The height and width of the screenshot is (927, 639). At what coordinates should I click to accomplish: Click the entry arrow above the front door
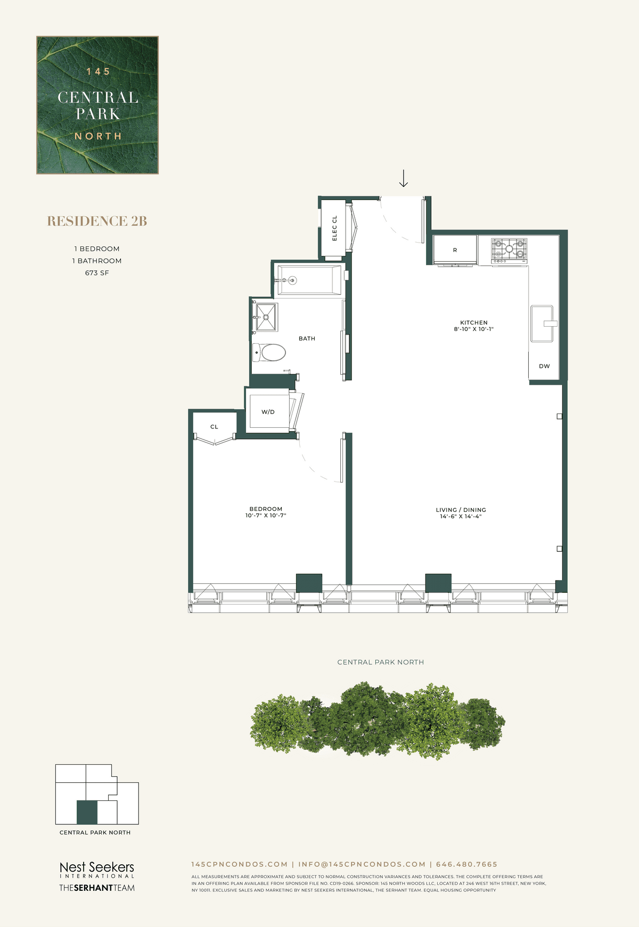point(404,178)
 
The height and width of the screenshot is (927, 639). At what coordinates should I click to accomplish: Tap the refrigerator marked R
point(455,250)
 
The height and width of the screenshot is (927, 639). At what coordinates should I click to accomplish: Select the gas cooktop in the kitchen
point(509,251)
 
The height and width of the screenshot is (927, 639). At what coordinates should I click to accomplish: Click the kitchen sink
point(542,324)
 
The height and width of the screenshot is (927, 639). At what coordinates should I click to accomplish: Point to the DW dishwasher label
point(544,366)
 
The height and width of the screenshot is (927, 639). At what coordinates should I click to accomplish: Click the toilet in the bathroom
point(269,352)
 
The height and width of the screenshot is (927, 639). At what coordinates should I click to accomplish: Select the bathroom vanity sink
point(265,317)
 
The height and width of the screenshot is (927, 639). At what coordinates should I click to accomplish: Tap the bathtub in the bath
point(309,280)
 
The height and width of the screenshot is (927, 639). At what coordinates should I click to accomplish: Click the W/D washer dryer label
point(268,412)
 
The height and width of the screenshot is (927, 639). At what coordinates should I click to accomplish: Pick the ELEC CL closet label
point(335,228)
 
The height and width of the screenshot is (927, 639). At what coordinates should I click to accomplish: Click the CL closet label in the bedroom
point(214,427)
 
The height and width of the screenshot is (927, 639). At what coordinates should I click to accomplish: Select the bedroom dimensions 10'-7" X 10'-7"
point(266,516)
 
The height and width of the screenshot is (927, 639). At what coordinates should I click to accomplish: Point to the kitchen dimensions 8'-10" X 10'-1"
point(474,329)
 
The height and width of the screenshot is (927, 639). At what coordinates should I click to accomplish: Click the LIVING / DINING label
point(461,510)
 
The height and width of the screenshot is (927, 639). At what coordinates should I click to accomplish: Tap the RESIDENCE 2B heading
point(97,221)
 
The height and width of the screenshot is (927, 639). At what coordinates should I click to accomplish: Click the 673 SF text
point(97,273)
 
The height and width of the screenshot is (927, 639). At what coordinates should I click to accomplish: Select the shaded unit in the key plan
point(87,812)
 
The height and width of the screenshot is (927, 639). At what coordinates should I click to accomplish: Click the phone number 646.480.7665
point(466,864)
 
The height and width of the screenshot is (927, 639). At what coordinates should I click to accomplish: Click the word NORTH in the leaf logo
point(98,136)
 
